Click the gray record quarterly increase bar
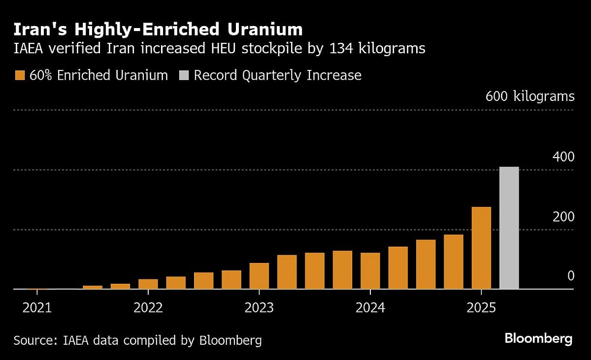click(509, 228)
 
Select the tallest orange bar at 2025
click(481, 248)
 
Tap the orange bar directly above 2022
click(148, 284)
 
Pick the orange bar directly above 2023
click(259, 276)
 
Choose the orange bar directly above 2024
click(370, 271)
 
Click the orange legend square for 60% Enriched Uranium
click(20, 76)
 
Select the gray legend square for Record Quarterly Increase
click(183, 76)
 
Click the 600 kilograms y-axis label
click(530, 96)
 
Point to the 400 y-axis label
click(563, 158)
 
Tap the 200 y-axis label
click(563, 217)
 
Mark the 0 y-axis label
click(571, 276)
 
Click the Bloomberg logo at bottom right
click(538, 339)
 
